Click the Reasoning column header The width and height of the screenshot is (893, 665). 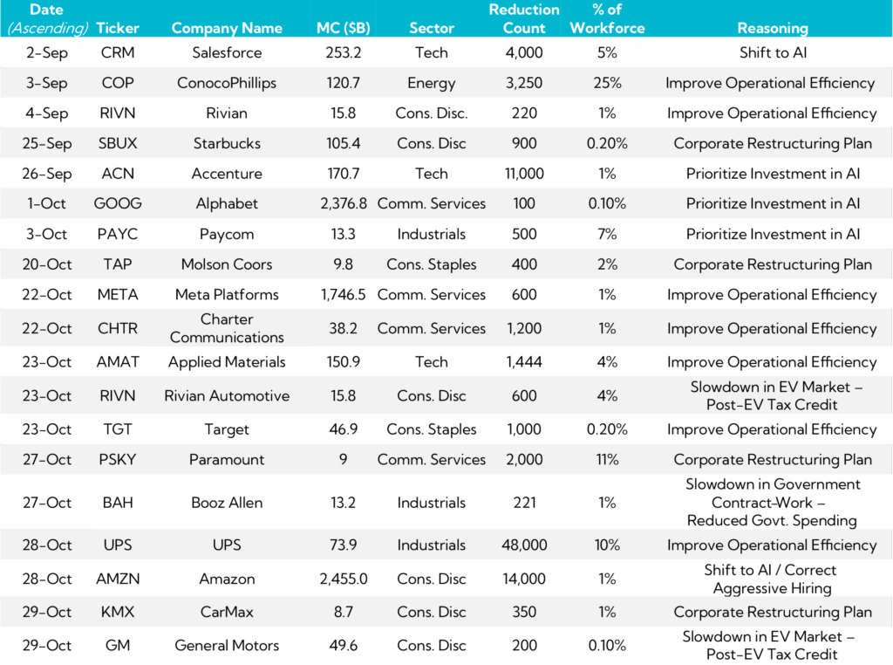pos(772,28)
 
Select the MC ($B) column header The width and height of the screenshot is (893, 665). pos(343,28)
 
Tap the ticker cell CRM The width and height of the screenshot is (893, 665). pos(118,52)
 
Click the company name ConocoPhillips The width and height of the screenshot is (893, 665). pos(227,83)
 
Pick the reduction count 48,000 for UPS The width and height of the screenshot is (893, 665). pos(524,545)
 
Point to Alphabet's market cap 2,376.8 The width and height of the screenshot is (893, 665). pos(343,203)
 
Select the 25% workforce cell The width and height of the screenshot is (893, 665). pos(607,83)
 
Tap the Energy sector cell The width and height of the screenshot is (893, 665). pos(432,83)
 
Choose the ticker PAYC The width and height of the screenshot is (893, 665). pos(118,234)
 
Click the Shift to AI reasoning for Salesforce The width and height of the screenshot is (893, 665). pos(772,52)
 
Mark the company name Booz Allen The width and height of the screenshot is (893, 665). pos(227,503)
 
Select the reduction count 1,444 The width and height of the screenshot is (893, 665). pos(524,361)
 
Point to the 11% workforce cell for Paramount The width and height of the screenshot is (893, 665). pos(607,459)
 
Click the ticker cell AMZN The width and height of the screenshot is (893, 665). pos(118,579)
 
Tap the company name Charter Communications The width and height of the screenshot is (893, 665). pos(227,328)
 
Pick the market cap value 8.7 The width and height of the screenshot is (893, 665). pos(343,612)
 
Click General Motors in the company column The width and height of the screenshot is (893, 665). pos(227,646)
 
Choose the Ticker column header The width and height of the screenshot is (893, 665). pos(118,28)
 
